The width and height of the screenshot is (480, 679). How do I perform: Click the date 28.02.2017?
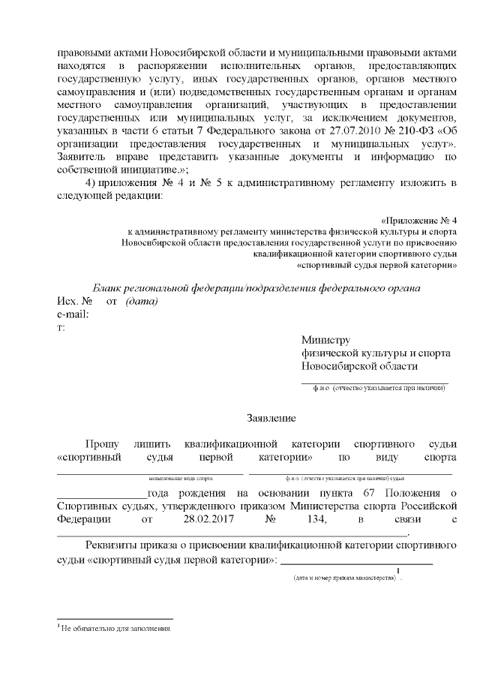pos(188,518)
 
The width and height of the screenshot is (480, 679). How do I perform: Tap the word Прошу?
pos(102,443)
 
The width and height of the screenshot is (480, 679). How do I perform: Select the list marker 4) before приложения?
pos(91,183)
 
